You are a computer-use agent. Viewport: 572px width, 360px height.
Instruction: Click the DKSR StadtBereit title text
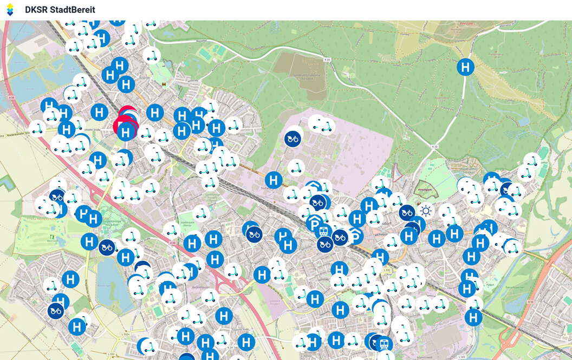tap(60, 10)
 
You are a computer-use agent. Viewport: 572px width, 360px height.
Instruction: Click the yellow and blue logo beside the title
tap(10, 10)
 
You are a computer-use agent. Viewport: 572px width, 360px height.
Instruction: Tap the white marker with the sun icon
tap(426, 211)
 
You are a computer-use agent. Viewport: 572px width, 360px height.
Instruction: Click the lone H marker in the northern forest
tap(465, 67)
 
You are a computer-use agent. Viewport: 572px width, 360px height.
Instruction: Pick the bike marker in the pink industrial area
tap(293, 139)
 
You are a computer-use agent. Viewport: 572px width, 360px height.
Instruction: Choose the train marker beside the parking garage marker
tap(324, 231)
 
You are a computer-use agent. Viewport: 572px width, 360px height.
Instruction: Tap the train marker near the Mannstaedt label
tap(385, 344)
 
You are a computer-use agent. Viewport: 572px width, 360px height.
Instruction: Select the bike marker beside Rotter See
tap(107, 247)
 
